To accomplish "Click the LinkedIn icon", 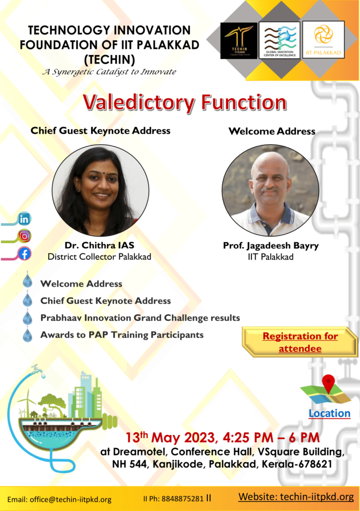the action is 24,219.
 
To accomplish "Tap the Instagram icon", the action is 24,236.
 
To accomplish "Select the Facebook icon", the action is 24,253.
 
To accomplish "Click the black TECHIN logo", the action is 239,40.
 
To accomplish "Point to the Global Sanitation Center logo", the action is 280,40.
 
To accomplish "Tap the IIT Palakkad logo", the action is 323,40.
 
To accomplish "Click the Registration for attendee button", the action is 300,342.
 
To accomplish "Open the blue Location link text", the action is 330,413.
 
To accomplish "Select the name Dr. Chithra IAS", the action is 99,245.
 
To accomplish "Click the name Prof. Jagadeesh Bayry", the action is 270,246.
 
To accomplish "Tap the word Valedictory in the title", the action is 139,102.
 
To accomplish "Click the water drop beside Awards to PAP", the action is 27,335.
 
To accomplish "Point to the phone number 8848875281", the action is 182,499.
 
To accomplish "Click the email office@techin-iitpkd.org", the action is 71,499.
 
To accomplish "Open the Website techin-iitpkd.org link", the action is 296,497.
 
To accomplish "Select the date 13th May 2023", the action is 170,437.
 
